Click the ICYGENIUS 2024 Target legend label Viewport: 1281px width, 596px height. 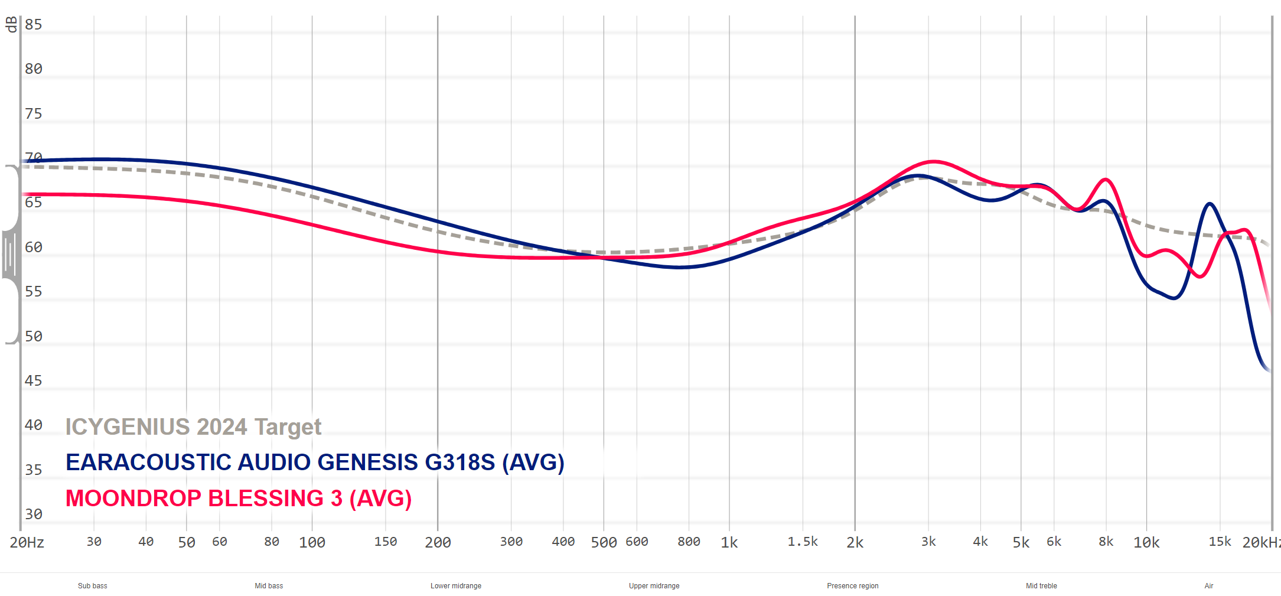click(193, 426)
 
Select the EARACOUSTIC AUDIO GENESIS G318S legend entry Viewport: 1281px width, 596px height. click(315, 462)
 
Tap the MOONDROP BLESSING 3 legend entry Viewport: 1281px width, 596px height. click(239, 498)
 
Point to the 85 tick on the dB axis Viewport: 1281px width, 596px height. click(33, 24)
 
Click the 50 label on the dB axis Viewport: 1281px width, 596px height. click(33, 336)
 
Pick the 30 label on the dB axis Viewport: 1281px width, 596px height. click(33, 514)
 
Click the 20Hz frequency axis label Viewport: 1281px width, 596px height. click(27, 542)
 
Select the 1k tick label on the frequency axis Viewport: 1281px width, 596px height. click(729, 542)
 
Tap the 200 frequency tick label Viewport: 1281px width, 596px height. click(438, 542)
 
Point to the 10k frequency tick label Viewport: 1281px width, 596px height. click(1146, 542)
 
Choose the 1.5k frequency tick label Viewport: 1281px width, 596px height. click(803, 542)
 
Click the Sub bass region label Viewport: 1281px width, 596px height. click(93, 586)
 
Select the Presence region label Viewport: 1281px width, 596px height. click(852, 586)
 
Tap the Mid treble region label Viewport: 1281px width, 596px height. click(1041, 586)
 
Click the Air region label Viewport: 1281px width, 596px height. click(1208, 586)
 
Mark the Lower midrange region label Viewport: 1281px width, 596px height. click(456, 586)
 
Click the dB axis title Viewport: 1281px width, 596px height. click(11, 24)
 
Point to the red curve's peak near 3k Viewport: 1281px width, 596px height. click(933, 161)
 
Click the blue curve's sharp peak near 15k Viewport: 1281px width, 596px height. click(1210, 204)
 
